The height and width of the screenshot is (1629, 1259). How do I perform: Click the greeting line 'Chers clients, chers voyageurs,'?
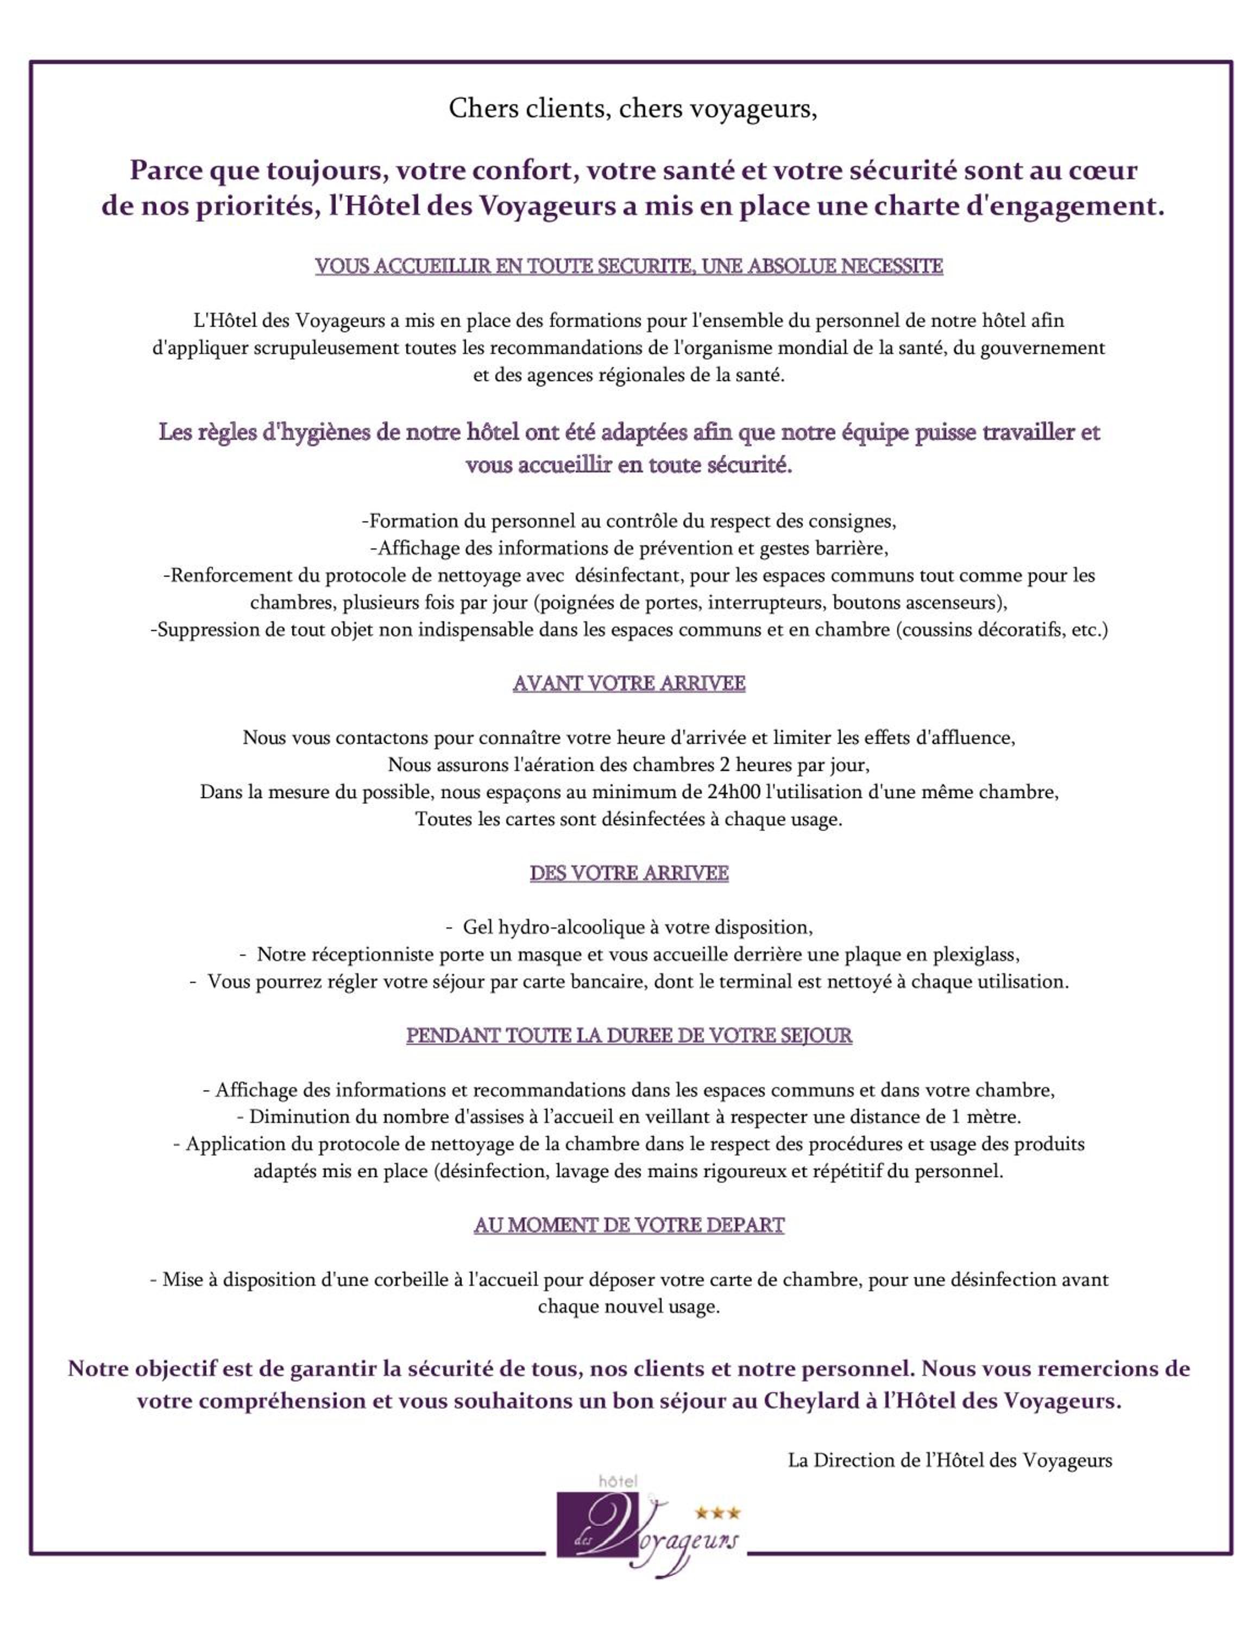(x=632, y=109)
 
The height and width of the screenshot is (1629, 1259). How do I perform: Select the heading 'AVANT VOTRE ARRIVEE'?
(x=629, y=683)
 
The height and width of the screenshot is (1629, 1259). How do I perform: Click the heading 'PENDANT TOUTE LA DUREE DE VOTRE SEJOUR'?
(x=629, y=1036)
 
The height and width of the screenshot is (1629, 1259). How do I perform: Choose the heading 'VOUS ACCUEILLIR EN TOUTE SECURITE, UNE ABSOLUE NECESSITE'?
(x=629, y=266)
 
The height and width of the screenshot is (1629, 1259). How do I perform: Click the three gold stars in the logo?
(x=717, y=1513)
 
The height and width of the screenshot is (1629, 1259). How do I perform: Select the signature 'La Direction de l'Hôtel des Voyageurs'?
(x=949, y=1461)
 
